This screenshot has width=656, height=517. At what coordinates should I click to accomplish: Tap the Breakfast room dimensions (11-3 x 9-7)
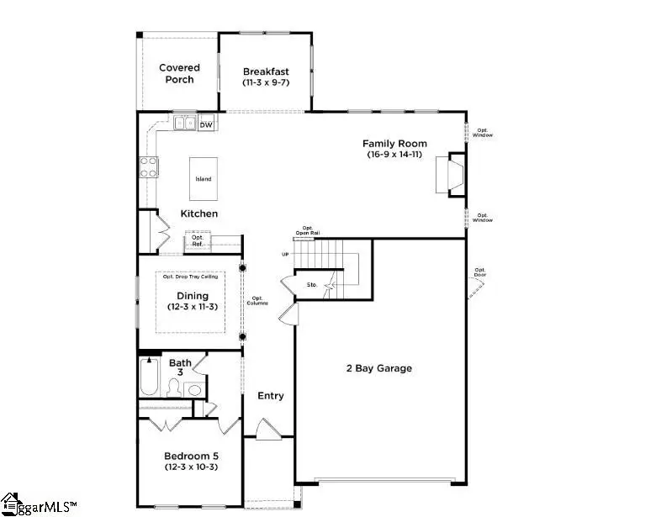click(x=266, y=83)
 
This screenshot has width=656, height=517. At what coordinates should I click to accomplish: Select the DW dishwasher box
click(x=206, y=124)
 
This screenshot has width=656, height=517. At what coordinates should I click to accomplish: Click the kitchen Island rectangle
click(x=204, y=179)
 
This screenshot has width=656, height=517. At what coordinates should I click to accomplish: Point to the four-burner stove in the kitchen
click(x=149, y=167)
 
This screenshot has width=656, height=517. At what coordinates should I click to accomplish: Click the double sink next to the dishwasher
click(x=185, y=124)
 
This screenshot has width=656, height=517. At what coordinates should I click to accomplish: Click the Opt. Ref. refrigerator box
click(x=198, y=240)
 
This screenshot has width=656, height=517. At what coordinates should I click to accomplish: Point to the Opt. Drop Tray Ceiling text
click(x=189, y=277)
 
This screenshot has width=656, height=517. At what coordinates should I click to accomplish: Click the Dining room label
click(x=192, y=295)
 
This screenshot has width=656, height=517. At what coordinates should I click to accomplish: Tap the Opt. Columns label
click(x=258, y=300)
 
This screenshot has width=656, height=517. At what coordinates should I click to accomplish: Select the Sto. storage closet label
click(x=311, y=286)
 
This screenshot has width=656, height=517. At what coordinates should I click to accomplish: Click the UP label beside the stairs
click(x=285, y=254)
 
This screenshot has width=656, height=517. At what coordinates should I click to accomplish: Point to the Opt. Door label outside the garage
click(x=481, y=272)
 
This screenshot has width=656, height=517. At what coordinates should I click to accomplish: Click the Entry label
click(x=270, y=396)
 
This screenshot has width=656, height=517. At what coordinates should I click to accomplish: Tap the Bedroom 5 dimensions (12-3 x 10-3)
click(x=191, y=467)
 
